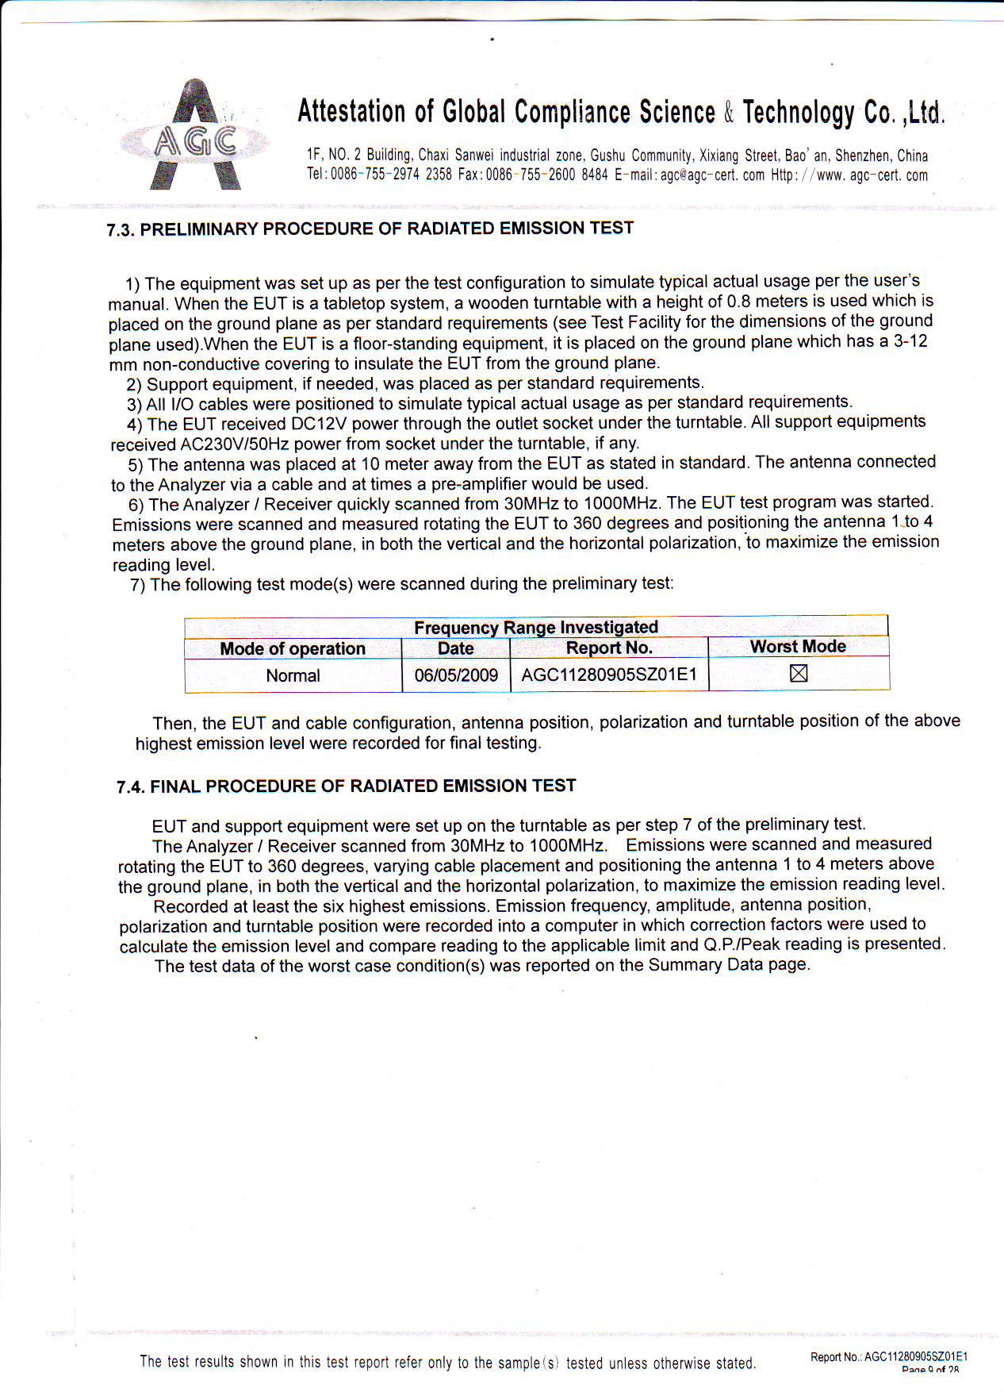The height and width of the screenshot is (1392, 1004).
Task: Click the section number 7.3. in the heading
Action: coord(121,231)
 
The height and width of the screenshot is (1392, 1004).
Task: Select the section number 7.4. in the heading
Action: coord(131,787)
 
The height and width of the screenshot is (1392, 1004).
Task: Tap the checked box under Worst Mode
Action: coord(799,674)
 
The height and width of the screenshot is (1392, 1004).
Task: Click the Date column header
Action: coord(455,648)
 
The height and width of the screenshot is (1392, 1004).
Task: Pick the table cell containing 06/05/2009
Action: coord(456,675)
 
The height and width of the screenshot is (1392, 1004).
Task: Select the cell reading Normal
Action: coord(293,676)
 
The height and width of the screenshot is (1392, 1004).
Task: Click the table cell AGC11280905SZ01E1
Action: coord(609,675)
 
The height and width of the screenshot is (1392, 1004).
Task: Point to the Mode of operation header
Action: coord(293,649)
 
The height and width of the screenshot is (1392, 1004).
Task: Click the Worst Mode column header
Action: coord(798,647)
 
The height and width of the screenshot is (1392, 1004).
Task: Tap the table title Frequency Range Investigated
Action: coord(536,628)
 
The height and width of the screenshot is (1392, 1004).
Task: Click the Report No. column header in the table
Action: coord(609,648)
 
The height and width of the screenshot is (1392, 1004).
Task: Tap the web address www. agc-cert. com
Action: coord(872,175)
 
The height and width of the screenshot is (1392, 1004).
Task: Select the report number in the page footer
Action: coord(915,1357)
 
